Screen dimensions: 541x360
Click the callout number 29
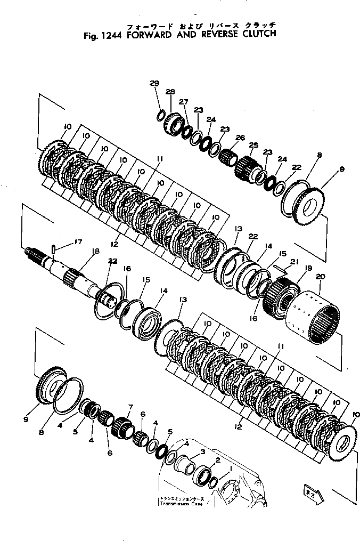[x=154, y=83]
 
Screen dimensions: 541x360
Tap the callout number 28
[x=170, y=92]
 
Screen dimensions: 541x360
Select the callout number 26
[x=240, y=138]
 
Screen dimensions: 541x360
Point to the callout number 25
[x=253, y=146]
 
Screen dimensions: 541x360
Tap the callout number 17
[x=78, y=241]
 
